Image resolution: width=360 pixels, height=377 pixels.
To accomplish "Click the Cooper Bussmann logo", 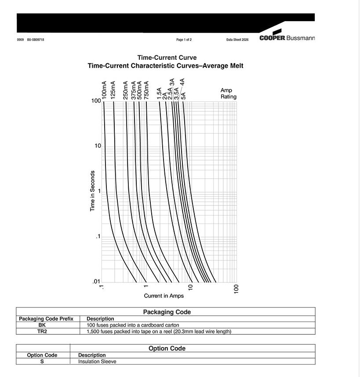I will click(287, 37).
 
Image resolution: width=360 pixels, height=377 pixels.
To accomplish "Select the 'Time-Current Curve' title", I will click(167, 58).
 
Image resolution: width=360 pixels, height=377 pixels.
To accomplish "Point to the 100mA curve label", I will click(104, 90).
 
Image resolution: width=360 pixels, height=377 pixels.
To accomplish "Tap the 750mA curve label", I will click(146, 90).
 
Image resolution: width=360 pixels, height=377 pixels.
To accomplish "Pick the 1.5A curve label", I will click(160, 93).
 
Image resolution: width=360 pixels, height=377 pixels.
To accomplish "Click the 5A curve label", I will click(183, 95).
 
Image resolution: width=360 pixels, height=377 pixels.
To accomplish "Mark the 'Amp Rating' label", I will click(228, 93).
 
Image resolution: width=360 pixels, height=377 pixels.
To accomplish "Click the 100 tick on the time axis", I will click(96, 101).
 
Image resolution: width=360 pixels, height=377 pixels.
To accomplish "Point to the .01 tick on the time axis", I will click(97, 282).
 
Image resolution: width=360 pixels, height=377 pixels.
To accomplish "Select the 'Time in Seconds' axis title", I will click(93, 191).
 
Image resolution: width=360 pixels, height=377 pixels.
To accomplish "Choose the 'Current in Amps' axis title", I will click(164, 296).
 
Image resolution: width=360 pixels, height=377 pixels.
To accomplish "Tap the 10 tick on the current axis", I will click(191, 288).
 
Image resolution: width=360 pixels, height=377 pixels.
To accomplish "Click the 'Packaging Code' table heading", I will click(167, 312).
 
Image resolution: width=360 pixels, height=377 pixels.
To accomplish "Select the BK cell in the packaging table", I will click(42, 325).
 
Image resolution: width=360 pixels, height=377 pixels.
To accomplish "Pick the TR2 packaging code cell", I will click(42, 331).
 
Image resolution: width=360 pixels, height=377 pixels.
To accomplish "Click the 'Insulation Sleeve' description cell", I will click(97, 362).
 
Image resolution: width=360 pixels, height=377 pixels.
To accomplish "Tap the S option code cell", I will click(42, 362).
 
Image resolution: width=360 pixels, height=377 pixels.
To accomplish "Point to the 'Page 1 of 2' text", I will click(184, 40).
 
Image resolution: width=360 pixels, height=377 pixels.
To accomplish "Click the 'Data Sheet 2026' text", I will click(237, 40).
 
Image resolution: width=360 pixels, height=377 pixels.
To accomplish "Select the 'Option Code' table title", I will click(167, 348).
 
